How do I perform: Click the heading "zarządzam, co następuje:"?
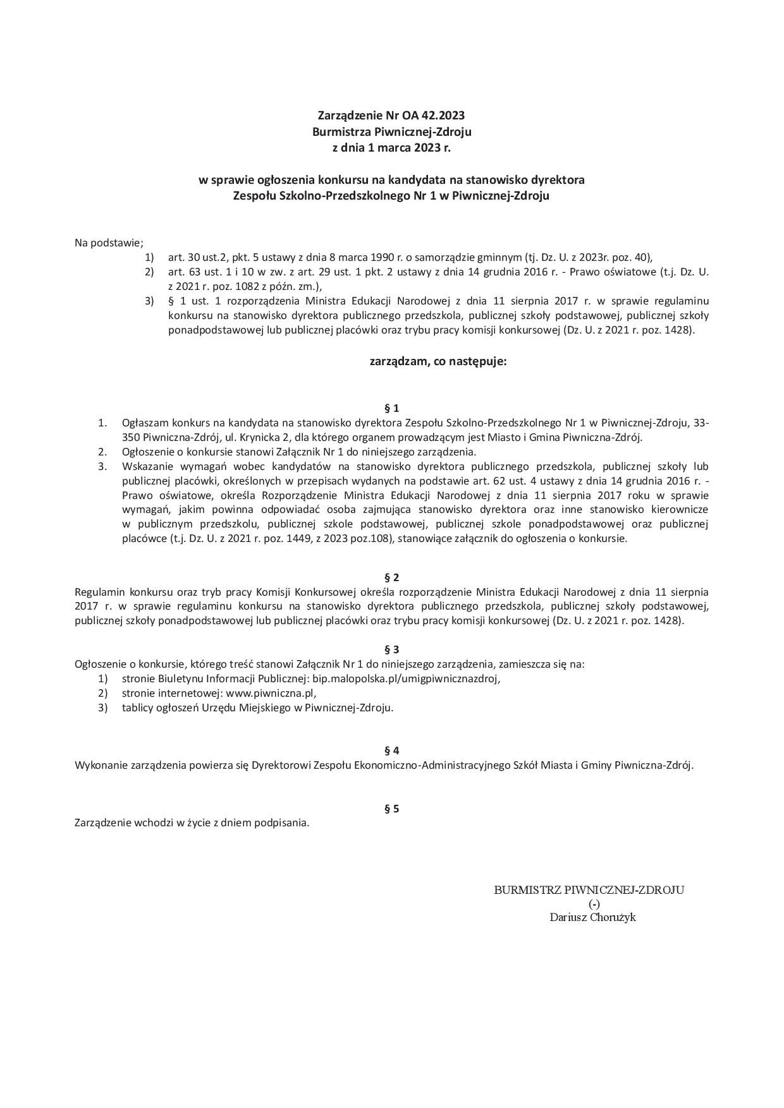[x=438, y=362]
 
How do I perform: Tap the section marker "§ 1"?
[x=391, y=408]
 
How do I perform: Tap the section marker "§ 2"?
[x=391, y=577]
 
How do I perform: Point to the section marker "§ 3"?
[x=391, y=649]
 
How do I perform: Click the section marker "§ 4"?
[x=391, y=750]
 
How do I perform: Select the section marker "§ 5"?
[x=391, y=809]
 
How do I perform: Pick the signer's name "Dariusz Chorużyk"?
[x=592, y=917]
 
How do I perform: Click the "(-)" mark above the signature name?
[x=594, y=903]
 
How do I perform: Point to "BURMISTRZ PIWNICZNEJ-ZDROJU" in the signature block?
[x=589, y=890]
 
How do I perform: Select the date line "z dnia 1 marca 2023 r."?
[x=391, y=148]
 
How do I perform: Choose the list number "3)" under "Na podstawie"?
[x=149, y=301]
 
